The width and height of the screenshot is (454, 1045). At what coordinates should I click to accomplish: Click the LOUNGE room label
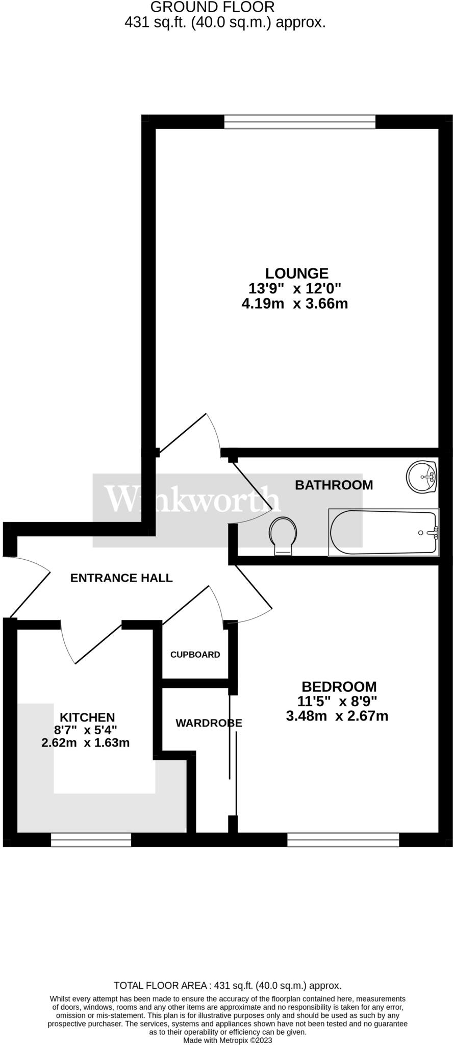click(x=296, y=273)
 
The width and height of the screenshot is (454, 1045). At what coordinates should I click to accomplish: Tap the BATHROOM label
click(x=334, y=485)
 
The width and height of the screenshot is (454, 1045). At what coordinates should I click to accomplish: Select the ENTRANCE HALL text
click(x=121, y=578)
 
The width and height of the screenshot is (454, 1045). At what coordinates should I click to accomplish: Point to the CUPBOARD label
click(x=195, y=655)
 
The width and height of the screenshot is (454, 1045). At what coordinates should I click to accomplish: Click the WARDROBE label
click(x=209, y=723)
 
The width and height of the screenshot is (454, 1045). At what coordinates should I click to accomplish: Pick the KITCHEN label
click(x=87, y=717)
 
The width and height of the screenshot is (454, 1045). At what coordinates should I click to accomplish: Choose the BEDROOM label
click(x=339, y=687)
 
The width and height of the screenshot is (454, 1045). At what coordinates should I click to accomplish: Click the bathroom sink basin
click(x=422, y=476)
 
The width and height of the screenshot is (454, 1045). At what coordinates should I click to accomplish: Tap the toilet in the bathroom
click(x=283, y=534)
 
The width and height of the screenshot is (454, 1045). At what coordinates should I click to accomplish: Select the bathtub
click(x=384, y=532)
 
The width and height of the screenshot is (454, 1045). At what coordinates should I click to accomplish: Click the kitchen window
click(x=91, y=840)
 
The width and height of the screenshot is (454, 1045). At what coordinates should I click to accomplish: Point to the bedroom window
click(x=343, y=840)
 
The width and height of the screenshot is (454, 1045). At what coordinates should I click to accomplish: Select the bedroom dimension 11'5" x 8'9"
click(x=337, y=701)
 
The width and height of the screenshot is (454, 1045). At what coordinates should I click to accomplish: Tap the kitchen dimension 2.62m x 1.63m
click(x=85, y=743)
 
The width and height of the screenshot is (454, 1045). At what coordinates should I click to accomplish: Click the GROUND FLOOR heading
click(x=212, y=7)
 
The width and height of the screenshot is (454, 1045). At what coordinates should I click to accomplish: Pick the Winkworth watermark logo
click(x=192, y=499)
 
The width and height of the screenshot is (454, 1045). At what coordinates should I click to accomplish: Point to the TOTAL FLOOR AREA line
click(x=228, y=985)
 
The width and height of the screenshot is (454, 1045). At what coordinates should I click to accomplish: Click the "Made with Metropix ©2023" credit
click(x=228, y=1040)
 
